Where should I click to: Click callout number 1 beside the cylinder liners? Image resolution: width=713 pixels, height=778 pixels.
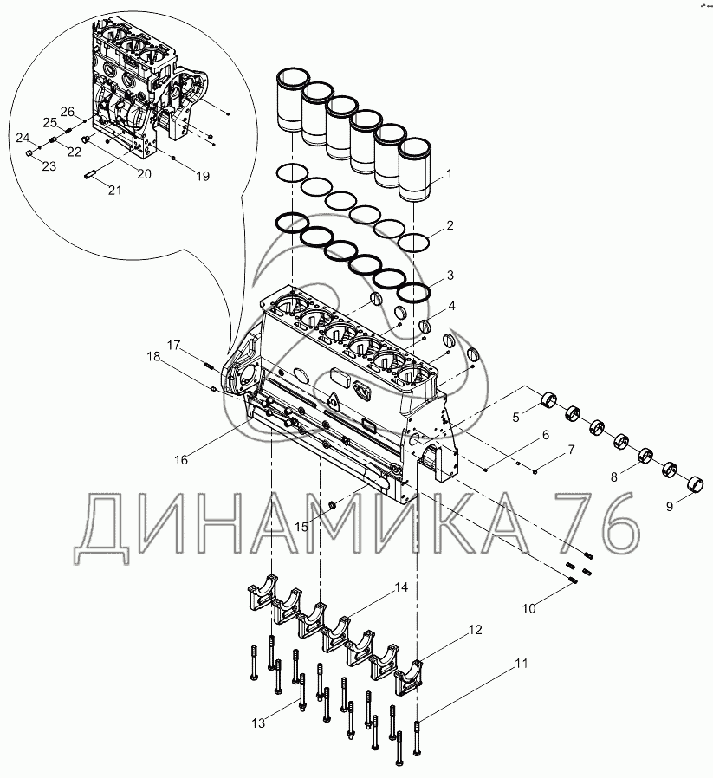tap(449, 173)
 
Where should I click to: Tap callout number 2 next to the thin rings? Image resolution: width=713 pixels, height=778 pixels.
tap(450, 226)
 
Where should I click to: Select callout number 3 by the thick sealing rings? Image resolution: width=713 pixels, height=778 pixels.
tap(450, 275)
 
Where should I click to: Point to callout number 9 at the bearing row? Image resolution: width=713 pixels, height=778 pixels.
tap(670, 507)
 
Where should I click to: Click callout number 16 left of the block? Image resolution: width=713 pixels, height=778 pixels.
tap(181, 460)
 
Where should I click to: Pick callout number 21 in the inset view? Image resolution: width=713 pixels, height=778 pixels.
tap(115, 190)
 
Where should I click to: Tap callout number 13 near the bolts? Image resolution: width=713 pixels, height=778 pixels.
tap(258, 723)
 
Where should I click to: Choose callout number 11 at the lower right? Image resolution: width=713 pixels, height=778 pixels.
tap(522, 663)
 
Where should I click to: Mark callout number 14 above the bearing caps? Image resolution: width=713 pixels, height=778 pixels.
tap(401, 587)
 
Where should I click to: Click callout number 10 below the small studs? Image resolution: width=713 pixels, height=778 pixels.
tap(529, 608)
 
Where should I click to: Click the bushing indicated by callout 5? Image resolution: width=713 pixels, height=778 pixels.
tap(548, 399)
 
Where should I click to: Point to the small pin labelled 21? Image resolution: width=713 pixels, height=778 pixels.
tap(90, 175)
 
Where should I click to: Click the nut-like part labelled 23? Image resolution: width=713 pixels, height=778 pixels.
tap(29, 153)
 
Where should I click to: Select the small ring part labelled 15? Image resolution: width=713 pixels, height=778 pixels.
tap(333, 505)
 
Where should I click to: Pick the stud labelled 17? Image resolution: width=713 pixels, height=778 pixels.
tap(209, 366)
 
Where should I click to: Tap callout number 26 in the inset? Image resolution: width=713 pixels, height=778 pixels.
tap(67, 112)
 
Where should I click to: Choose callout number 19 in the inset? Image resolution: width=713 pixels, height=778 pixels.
tap(203, 176)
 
